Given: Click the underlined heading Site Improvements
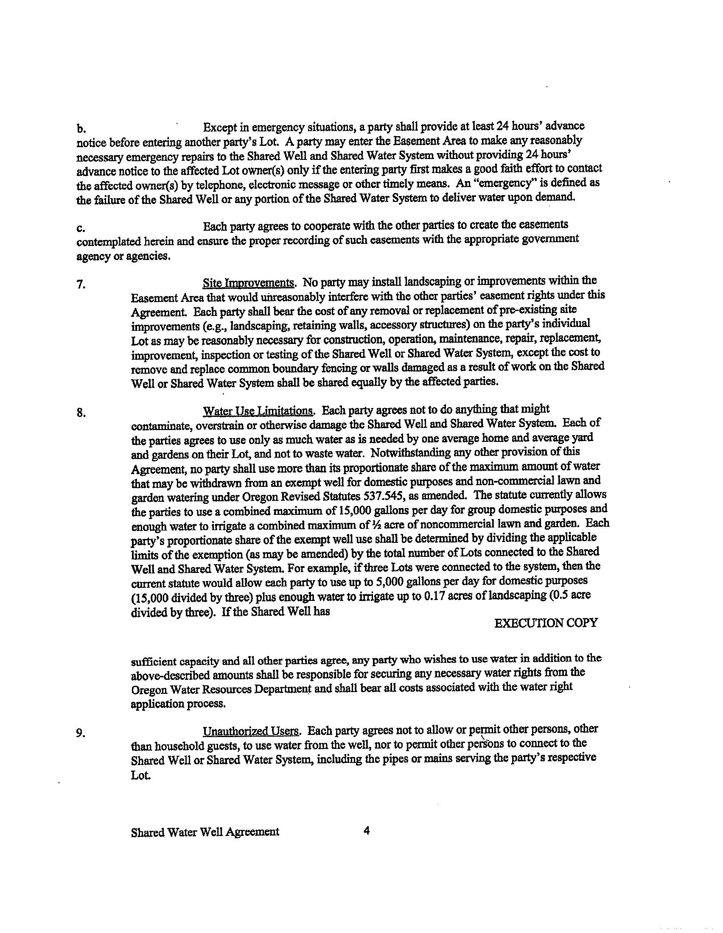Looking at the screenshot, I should pos(248,283).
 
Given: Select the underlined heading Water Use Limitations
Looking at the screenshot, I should pos(258,411).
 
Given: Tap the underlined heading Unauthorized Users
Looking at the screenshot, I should pos(251,731).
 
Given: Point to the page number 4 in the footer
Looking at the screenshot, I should pos(366,831).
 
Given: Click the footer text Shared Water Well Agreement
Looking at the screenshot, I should pos(205,832).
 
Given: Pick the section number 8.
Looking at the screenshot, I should pos(81,413).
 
